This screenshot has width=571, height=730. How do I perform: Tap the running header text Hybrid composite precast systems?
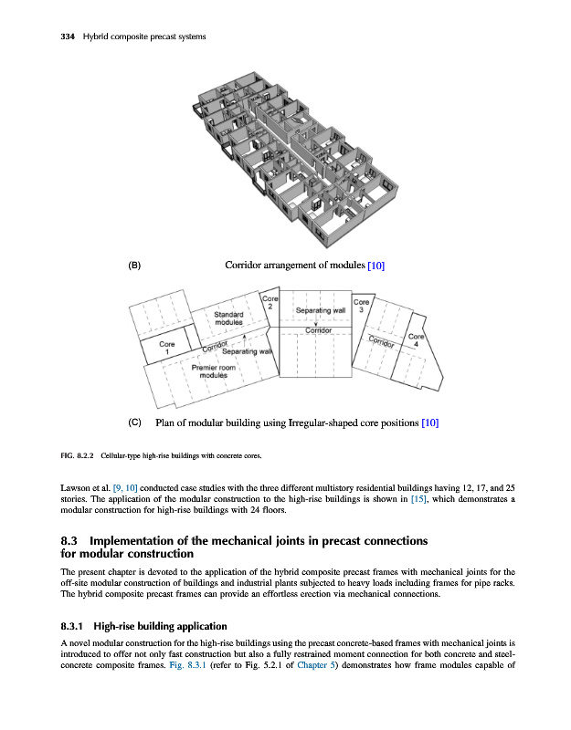pyautogui.click(x=143, y=36)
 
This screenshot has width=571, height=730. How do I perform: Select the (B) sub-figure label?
pyautogui.click(x=134, y=266)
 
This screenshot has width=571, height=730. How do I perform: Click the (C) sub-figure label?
pyautogui.click(x=134, y=422)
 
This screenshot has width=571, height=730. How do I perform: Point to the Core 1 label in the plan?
pyautogui.click(x=167, y=348)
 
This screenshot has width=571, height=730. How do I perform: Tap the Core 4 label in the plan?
pyautogui.click(x=416, y=340)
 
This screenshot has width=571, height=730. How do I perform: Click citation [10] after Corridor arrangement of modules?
pyautogui.click(x=375, y=266)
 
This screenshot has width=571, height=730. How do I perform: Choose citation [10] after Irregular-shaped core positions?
pyautogui.click(x=430, y=422)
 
